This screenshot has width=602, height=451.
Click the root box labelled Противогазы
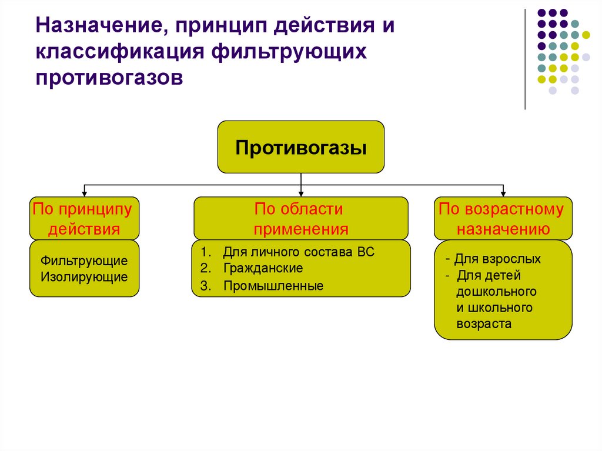click(x=301, y=147)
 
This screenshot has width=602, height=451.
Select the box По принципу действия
click(x=84, y=218)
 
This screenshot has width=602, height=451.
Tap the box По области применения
click(x=301, y=218)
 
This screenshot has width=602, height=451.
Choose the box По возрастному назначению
click(x=502, y=218)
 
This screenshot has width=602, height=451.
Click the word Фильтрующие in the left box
click(x=84, y=260)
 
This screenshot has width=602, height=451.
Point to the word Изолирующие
click(x=84, y=276)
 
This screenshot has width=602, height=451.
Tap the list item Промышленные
click(x=273, y=287)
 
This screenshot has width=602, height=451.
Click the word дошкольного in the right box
click(x=496, y=291)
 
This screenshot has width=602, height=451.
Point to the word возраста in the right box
click(x=484, y=323)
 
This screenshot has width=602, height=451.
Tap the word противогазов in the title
click(x=109, y=77)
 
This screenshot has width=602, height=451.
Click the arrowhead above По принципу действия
click(x=85, y=193)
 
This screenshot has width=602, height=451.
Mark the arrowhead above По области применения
click(x=301, y=193)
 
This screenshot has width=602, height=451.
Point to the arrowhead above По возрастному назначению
click(x=503, y=193)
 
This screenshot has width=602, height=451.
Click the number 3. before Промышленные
click(x=205, y=287)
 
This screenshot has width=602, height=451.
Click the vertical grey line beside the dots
click(x=524, y=59)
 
